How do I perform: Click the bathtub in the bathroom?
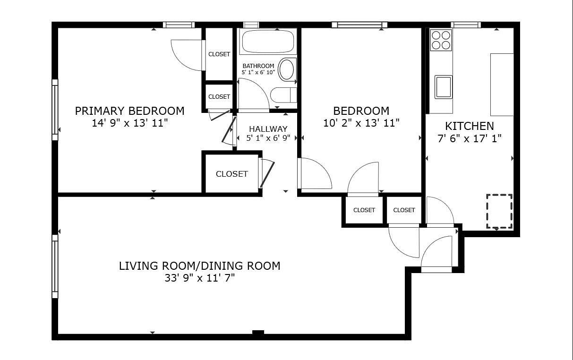tap(268, 42)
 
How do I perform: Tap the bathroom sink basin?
tap(286, 69)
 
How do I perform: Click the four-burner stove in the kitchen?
tap(441, 40)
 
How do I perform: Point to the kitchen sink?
tap(443, 87)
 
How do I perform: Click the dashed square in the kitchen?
tap(499, 211)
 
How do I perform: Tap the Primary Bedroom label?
tap(130, 111)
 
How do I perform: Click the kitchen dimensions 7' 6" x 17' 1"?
tap(470, 139)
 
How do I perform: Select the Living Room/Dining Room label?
tap(199, 266)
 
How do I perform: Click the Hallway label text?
tap(268, 129)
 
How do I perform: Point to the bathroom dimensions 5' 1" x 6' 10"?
tap(258, 72)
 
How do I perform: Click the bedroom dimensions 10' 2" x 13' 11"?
tap(361, 123)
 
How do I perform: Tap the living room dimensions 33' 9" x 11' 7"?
tap(199, 278)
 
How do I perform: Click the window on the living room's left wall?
tap(55, 266)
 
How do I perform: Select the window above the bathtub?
tap(251, 25)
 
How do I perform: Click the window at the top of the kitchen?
tap(466, 25)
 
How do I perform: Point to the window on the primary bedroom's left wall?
tap(55, 110)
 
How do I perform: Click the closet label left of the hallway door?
tap(232, 174)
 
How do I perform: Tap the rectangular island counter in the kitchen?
tap(502, 85)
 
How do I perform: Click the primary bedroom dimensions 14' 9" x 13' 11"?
tap(130, 123)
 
